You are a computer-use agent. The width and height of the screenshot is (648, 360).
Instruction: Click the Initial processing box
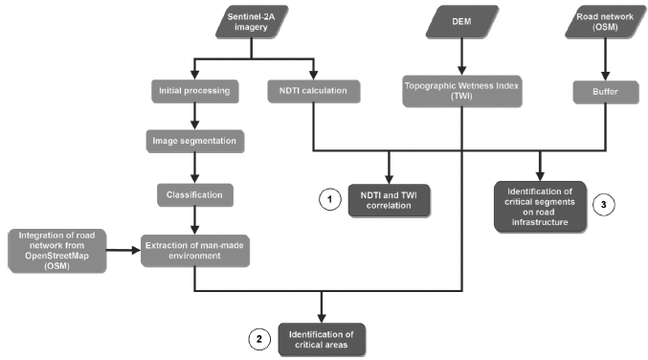195,93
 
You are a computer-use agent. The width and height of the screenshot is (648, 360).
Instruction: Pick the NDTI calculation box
314,93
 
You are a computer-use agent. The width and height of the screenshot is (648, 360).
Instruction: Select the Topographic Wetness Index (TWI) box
463,92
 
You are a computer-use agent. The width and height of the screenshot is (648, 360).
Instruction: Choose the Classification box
195,194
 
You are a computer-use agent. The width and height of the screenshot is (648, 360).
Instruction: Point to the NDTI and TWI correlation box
389,200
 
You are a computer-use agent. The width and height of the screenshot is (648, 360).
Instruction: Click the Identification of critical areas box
322,338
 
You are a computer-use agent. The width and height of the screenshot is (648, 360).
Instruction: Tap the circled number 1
329,200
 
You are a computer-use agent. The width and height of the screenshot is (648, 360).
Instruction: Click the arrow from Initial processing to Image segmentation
195,118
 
